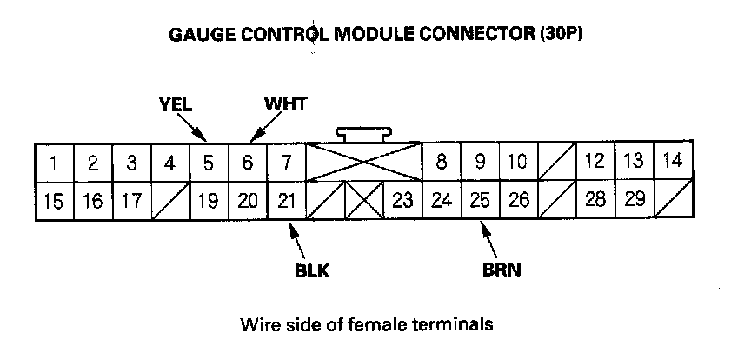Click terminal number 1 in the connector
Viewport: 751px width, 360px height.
coord(54,162)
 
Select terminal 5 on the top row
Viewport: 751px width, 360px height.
coord(209,162)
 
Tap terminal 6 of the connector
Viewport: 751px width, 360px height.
coord(248,162)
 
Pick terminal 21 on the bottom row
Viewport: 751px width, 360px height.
coord(286,201)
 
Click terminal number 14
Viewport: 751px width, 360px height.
coord(673,160)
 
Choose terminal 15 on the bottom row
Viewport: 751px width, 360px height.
coord(54,201)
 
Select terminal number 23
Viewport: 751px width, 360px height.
coord(402,201)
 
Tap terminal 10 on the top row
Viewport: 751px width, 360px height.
coord(517,162)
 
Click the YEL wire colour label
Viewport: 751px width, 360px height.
coord(175,105)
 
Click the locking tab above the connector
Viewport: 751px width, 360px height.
coord(364,134)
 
